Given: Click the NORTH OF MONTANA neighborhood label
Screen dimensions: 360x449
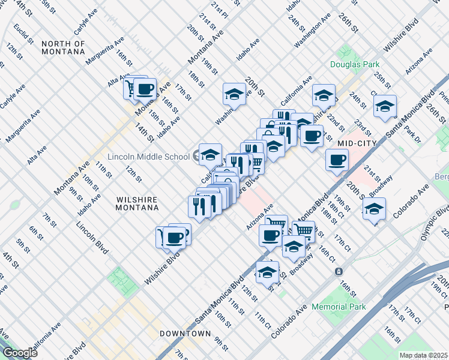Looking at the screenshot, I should (x=63, y=47).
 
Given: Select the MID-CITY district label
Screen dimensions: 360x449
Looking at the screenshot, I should (x=357, y=143).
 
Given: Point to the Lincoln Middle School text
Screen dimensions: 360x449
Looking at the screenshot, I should (x=148, y=157).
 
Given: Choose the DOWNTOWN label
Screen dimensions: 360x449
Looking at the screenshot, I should (x=185, y=333).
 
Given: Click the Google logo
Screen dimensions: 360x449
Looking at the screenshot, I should (x=20, y=352).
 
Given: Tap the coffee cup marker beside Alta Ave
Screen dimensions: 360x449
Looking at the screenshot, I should (x=144, y=89).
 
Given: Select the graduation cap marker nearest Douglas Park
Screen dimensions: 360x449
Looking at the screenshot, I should (x=324, y=95).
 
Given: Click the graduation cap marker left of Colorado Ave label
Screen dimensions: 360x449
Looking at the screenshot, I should (x=373, y=209).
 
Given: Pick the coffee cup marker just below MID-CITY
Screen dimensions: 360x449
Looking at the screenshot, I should (x=337, y=160).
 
